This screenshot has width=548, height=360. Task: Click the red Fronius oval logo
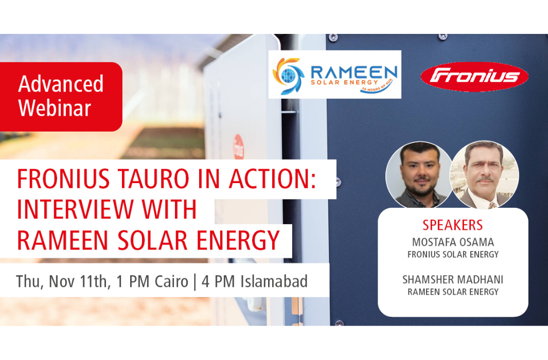point(474,77)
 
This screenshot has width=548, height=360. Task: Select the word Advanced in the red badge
point(61,84)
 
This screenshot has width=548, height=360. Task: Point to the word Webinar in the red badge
point(55,108)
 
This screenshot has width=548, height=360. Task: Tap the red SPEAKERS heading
point(453,225)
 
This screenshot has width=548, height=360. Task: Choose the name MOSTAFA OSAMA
point(453,242)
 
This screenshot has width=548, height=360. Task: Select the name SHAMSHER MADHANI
point(453,280)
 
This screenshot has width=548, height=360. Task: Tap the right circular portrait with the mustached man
point(484,175)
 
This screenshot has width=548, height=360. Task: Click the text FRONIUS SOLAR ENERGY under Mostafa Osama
point(453,254)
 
